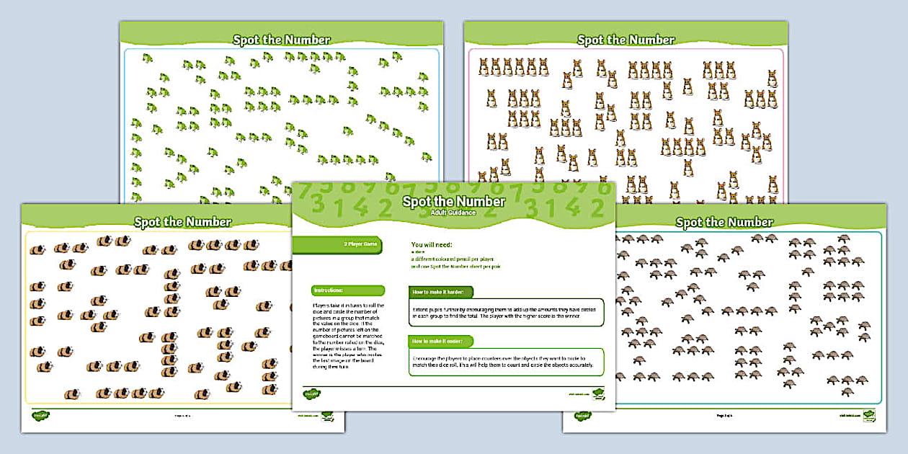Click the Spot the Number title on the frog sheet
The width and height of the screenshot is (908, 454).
click(281, 40)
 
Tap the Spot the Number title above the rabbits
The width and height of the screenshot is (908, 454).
click(626, 40)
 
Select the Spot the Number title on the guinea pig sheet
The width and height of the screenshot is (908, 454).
click(182, 222)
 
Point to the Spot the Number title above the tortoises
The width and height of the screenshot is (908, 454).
click(724, 222)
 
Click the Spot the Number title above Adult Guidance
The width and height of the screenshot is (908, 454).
click(453, 201)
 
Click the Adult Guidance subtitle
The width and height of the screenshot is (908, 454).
click(453, 213)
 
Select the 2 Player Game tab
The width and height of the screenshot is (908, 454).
click(360, 245)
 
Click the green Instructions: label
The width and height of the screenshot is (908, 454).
click(329, 290)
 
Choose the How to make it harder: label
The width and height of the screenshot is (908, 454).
click(441, 292)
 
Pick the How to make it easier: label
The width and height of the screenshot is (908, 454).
click(441, 341)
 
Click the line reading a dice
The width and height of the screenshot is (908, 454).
click(417, 252)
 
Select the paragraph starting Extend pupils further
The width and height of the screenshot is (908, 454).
click(505, 312)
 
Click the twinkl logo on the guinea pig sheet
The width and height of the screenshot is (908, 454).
click(40, 415)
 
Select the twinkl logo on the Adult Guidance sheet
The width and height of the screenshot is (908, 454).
click(311, 393)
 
